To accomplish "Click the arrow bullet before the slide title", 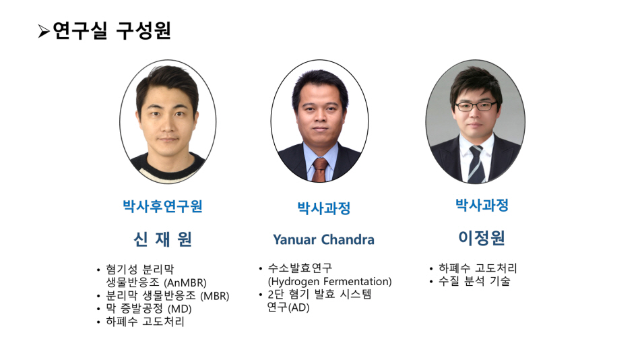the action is pos(44,32).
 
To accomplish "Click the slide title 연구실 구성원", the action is pos(112,30).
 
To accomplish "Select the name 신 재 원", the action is pos(163,239).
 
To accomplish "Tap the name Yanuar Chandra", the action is pos(323,239).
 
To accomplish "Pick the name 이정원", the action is pos(482,238).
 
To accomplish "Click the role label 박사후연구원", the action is pos(163,206).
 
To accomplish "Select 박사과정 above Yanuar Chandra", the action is pos(323,208).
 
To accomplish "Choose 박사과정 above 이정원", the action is pos(482,205).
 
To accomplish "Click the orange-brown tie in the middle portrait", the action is pos(319,170).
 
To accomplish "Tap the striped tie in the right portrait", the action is pos(476,164).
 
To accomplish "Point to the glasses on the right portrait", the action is pos(476,107).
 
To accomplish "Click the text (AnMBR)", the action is pos(185,282).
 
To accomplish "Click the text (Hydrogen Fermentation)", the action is pos(330,282).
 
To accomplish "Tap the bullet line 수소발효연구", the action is pos(300,268).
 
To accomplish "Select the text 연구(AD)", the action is pos(288,307).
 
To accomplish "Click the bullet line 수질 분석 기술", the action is pos(474,281).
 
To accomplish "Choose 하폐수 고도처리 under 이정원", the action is pos(478,268).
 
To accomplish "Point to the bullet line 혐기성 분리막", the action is pos(140,269).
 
